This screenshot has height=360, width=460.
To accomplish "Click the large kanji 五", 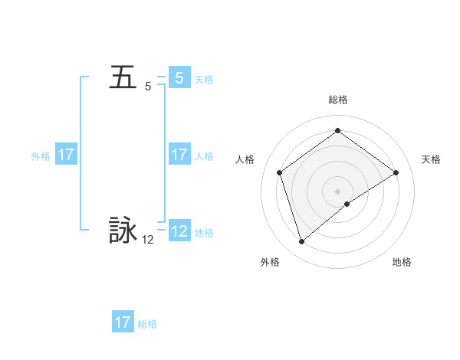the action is point(123,78).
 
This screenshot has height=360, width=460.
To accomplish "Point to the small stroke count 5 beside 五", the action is point(148,87).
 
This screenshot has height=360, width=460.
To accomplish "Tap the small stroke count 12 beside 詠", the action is point(147,240).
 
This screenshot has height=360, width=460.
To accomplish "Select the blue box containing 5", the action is point(179,78).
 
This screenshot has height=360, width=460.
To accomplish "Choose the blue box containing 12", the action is point(179,231).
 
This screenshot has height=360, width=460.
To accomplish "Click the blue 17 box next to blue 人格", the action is point(179,155).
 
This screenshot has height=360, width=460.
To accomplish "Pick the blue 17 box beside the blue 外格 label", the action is point(66,155).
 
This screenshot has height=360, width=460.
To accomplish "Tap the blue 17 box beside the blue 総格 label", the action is point(123,322).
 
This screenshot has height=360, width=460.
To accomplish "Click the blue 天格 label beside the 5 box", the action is point(204,80).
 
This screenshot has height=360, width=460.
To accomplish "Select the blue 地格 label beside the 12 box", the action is point(204,232).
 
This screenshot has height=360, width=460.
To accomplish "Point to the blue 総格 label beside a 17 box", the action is point(147,324).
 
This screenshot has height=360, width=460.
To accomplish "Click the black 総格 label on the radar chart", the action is point(337,100).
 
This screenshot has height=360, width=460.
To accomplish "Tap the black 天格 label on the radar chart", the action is point(431,159).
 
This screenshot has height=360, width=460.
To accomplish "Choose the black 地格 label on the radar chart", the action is point(402,262).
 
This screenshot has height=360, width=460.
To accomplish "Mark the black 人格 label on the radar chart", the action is point(245,159).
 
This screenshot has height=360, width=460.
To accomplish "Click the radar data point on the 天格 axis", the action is point(396,172).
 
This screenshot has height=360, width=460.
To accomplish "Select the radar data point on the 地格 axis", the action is point(347,204).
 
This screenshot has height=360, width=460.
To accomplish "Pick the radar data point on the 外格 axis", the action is point(301,242).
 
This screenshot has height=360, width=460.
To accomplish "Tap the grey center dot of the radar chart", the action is point(337,191).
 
